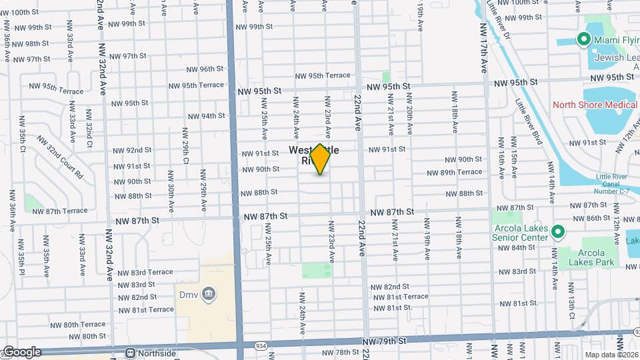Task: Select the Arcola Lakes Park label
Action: [587, 258]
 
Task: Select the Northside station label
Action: [153, 353]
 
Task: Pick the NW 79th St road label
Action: [384, 341]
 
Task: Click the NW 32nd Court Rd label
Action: [59, 157]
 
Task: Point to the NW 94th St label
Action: [204, 116]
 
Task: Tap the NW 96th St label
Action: [205, 69]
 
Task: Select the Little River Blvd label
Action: [529, 121]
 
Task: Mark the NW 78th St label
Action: [341, 352]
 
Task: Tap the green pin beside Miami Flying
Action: [585, 40]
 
